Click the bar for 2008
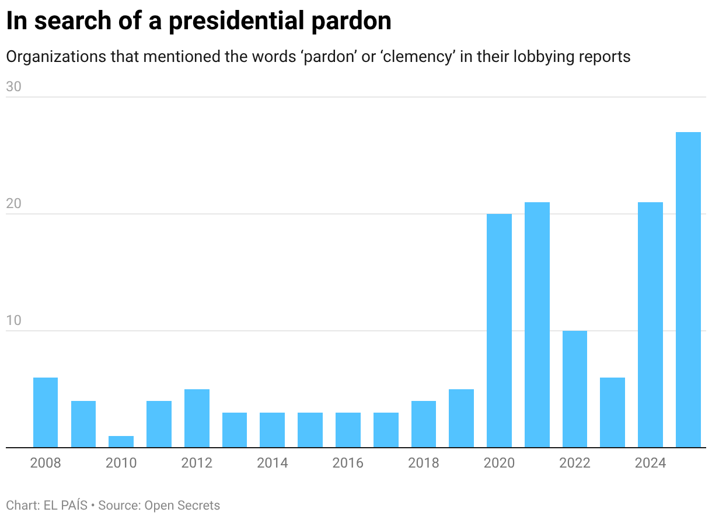[x=46, y=412]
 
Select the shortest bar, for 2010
[x=121, y=441]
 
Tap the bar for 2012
[x=197, y=418]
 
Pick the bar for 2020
[x=499, y=330]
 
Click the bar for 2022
[x=575, y=389]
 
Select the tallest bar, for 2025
[x=688, y=289]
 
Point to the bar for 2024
[x=650, y=324]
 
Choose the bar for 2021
[x=537, y=324]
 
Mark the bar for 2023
[x=612, y=412]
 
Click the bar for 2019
[x=461, y=418]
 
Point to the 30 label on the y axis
[x=13, y=86]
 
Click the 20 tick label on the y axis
[x=13, y=203]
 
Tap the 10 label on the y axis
[x=13, y=320]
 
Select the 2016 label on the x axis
[x=348, y=463]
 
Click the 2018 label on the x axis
[x=424, y=463]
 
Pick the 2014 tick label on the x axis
[x=273, y=463]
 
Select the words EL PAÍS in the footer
[x=65, y=505]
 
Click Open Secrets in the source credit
[x=182, y=505]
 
